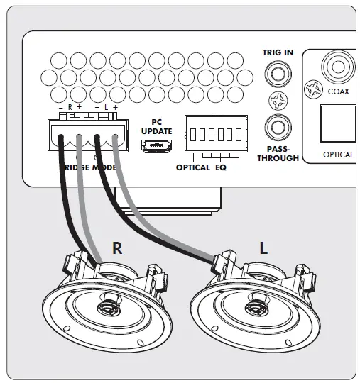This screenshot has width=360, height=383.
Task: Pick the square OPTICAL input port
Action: click(x=338, y=126)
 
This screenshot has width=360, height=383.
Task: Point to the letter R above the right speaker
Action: click(x=117, y=248)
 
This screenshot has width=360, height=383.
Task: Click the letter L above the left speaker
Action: click(x=263, y=248)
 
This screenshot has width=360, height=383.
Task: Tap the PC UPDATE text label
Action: click(x=156, y=126)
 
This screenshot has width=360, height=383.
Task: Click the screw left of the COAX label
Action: click(x=312, y=90)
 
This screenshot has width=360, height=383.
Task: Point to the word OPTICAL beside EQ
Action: click(x=193, y=167)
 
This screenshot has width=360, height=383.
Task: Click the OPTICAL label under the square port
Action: click(x=338, y=155)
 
